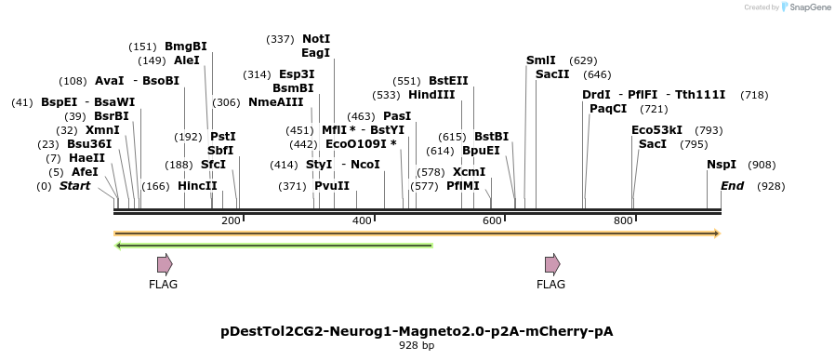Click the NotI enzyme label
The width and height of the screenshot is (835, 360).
click(316, 39)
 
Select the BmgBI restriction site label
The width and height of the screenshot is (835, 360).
click(186, 47)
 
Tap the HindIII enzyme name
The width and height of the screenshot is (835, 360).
click(431, 95)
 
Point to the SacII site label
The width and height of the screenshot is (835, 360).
click(552, 74)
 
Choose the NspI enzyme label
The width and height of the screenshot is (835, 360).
click(722, 165)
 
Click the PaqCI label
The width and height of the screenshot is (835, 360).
click(608, 109)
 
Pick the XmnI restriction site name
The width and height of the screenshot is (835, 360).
click(102, 130)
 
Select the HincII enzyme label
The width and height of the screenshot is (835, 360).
click(197, 186)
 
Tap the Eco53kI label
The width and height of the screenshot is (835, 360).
click(656, 130)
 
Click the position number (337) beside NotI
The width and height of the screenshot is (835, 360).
click(280, 39)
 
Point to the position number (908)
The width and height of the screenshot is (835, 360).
click(762, 165)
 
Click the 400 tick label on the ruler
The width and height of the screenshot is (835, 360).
click(363, 220)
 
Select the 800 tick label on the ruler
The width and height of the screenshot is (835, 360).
click(623, 220)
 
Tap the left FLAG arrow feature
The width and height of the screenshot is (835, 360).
click(165, 264)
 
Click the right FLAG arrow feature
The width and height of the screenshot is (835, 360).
click(552, 264)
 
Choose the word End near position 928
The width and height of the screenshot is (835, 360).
click(733, 186)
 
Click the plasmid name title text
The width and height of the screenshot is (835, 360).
click(417, 331)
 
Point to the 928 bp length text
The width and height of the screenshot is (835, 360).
click(417, 346)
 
